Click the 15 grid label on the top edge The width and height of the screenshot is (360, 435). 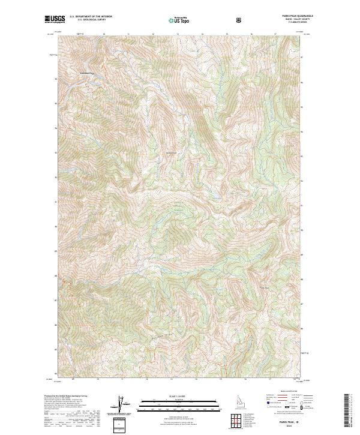point(225,34)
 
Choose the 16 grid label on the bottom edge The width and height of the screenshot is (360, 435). point(249,379)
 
